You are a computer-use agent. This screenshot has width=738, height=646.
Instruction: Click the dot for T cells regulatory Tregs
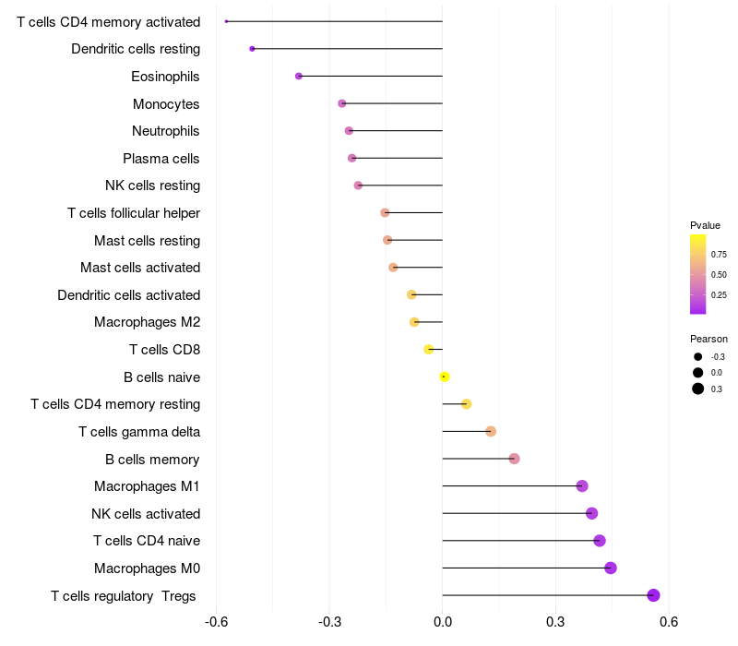[653, 595]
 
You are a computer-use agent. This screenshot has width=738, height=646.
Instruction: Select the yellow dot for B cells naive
[445, 377]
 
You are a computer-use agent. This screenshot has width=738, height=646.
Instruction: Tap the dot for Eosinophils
[298, 76]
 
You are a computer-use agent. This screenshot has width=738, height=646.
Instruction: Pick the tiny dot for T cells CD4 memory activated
[226, 21]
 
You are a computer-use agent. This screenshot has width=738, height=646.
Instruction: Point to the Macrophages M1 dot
[582, 486]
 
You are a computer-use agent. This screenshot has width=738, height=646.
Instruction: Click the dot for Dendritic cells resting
[252, 48]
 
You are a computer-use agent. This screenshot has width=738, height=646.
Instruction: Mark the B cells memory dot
[514, 459]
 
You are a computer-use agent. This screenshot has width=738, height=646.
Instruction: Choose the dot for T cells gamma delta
[491, 431]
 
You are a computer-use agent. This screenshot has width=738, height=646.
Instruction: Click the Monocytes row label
[166, 103]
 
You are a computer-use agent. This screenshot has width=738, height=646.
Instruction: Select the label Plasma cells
[161, 159]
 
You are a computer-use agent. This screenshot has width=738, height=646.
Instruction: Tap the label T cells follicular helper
[134, 213]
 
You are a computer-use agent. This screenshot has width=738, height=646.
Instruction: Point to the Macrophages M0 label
[148, 568]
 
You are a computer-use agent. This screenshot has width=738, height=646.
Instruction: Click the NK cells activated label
[146, 514]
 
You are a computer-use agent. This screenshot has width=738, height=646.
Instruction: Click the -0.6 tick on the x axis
[216, 622]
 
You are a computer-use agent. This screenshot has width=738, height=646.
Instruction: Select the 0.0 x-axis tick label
[443, 622]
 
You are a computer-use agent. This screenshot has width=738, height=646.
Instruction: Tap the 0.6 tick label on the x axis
[669, 622]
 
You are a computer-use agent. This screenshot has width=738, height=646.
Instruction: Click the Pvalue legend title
[705, 225]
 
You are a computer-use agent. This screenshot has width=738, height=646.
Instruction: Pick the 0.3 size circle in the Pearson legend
[698, 389]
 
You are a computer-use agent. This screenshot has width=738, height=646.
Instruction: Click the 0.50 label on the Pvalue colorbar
[719, 275]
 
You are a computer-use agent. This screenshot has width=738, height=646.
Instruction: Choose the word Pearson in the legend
[708, 339]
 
